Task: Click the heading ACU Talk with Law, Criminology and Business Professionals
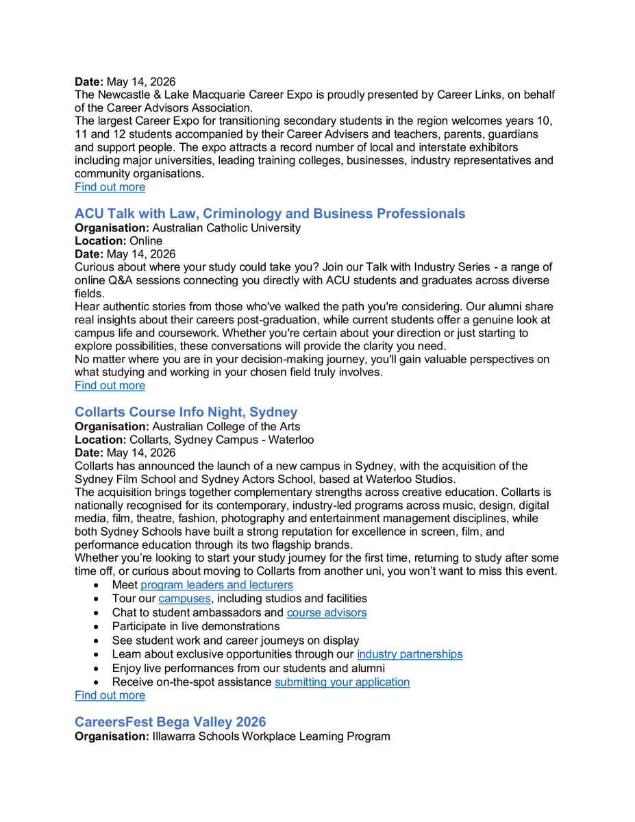[269, 214]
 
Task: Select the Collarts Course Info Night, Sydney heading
[186, 412]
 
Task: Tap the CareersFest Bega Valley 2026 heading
[170, 722]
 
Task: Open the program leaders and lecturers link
[216, 585]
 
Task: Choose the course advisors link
[326, 612]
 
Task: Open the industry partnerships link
[409, 654]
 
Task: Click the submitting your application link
[342, 682]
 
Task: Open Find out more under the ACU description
[110, 386]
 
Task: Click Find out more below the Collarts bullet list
[110, 695]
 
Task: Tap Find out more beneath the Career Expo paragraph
[110, 187]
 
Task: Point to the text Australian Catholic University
[226, 228]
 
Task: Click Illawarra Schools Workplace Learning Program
[271, 737]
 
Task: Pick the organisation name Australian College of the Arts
[226, 427]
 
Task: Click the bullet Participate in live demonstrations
[196, 627]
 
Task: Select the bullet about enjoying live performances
[248, 669]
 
